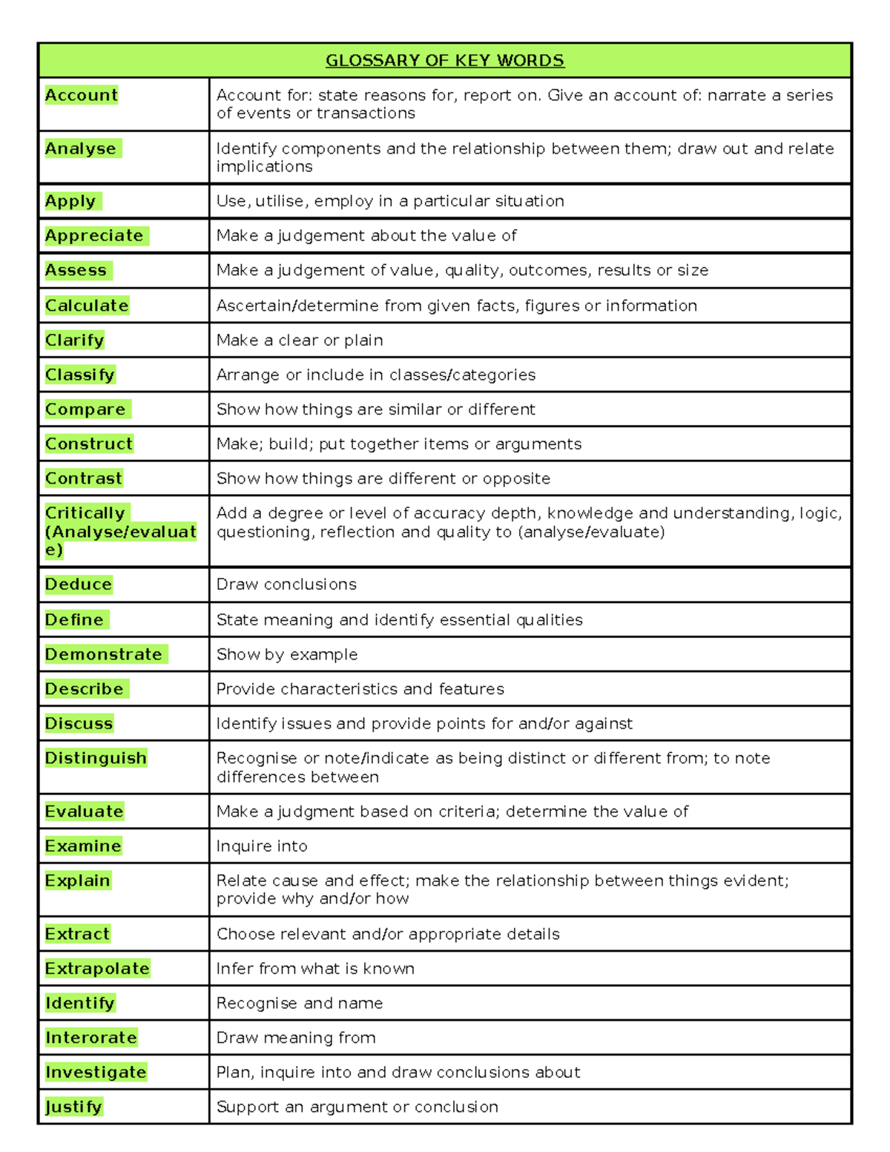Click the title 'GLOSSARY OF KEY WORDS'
point(444,61)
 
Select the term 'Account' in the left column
point(81,95)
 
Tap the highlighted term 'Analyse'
point(80,148)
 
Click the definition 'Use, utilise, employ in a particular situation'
point(390,201)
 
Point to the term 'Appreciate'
point(94,236)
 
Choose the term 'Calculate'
point(87,306)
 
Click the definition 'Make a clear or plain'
point(300,340)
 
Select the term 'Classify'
point(80,375)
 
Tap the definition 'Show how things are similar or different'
point(375,409)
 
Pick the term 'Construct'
point(89,444)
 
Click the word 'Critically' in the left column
point(85,513)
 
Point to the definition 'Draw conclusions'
point(286,585)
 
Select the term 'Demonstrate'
point(103,654)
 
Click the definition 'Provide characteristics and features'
point(360,689)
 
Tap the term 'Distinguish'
point(96,758)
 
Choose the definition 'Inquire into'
point(262,846)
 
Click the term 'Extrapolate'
point(97,969)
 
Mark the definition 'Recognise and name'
point(300,1004)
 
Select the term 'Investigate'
point(96,1073)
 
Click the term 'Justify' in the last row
point(73,1107)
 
